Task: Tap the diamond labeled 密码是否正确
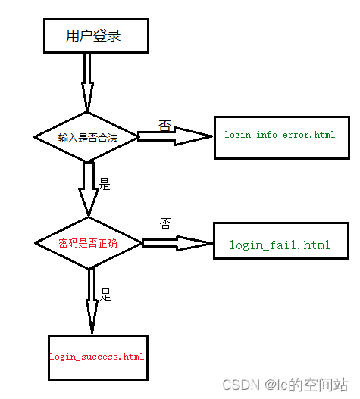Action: tap(89, 243)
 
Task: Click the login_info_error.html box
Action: tap(280, 136)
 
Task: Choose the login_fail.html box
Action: tap(280, 245)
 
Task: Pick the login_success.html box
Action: tap(96, 356)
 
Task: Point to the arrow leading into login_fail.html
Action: tap(178, 243)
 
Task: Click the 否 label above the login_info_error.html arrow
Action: tap(164, 123)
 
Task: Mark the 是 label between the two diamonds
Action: tap(105, 184)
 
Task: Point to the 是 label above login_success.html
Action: tap(106, 295)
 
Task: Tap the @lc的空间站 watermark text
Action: tap(306, 385)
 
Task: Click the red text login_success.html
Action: tap(96, 356)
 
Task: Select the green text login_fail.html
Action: tap(280, 245)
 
